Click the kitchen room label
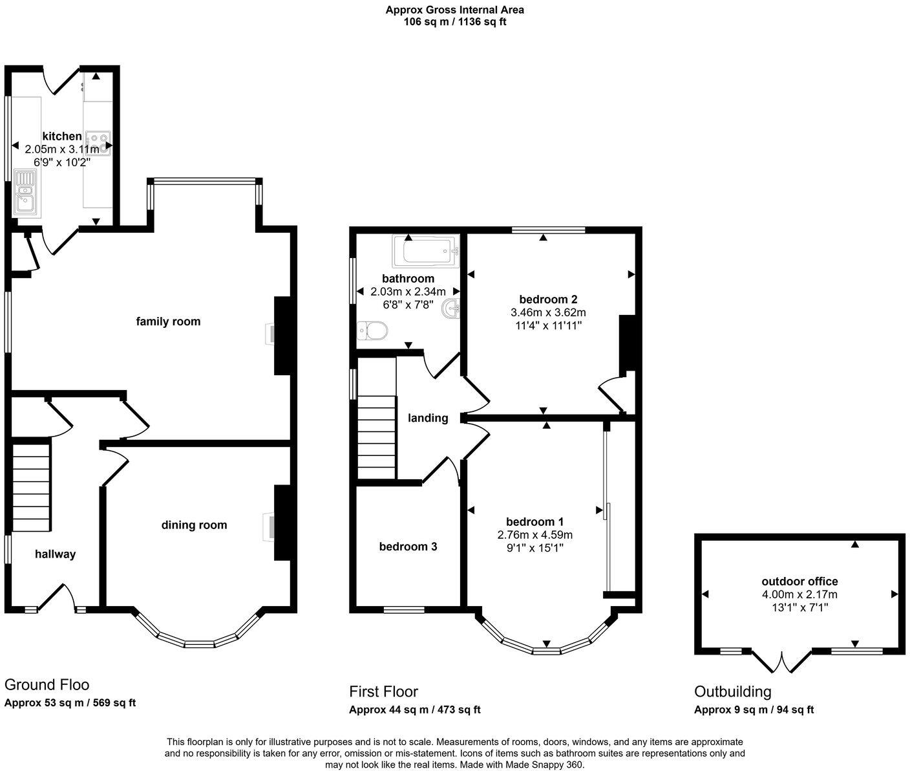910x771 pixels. tap(62, 136)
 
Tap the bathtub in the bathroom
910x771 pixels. tap(425, 251)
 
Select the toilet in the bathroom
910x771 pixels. tap(372, 331)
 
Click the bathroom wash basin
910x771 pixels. tap(451, 309)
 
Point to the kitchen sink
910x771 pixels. tap(26, 191)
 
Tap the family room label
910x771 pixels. tap(168, 321)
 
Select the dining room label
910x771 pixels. tap(194, 525)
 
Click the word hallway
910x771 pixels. tap(55, 554)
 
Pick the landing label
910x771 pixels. tap(428, 418)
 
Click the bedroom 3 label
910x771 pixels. tap(408, 547)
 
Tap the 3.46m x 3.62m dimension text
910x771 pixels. tap(548, 312)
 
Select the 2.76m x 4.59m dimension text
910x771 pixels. tap(534, 535)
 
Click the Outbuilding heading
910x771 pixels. tap(732, 691)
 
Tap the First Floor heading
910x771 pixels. tap(383, 691)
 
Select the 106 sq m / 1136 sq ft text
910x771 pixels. tap(454, 21)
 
